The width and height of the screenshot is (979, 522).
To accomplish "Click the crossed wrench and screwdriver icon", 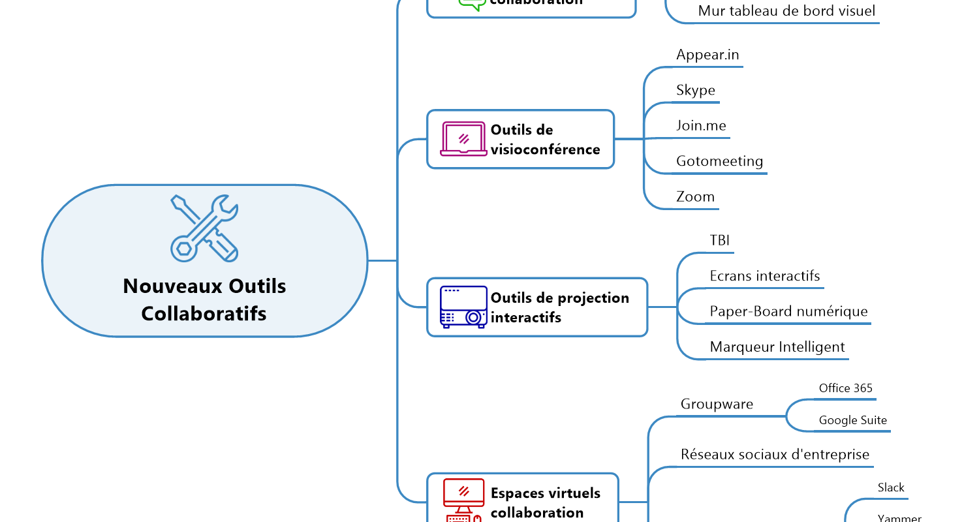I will click(204, 228).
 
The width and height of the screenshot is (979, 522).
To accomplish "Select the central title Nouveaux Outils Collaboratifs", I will click(204, 299).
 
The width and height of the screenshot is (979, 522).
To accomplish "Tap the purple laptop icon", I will click(463, 139).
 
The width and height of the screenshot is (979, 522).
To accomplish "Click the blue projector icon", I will click(463, 307).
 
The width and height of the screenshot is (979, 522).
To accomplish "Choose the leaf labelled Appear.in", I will click(707, 55).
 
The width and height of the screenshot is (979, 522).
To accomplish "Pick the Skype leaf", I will click(696, 90).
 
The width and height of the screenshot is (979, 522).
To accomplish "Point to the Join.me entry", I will click(701, 125).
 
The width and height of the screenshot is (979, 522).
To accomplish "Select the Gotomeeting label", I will click(719, 161).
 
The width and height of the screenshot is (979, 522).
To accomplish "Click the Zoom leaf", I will click(695, 196).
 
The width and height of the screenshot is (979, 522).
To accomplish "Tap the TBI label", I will click(720, 240).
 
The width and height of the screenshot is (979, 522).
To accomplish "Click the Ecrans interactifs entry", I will click(765, 276).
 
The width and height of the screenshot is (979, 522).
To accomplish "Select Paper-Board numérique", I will click(788, 311).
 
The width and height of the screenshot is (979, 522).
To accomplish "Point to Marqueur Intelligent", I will click(777, 347).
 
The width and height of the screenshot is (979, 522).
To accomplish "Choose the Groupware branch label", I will click(717, 404).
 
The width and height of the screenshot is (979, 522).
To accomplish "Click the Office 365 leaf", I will click(845, 388).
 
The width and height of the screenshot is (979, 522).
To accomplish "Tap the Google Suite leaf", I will click(853, 420).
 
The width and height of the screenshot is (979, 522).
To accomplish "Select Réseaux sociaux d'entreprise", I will click(775, 454).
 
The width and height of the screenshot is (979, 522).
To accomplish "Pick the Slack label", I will click(891, 487).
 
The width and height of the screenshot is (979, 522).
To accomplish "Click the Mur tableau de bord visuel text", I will click(786, 11).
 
